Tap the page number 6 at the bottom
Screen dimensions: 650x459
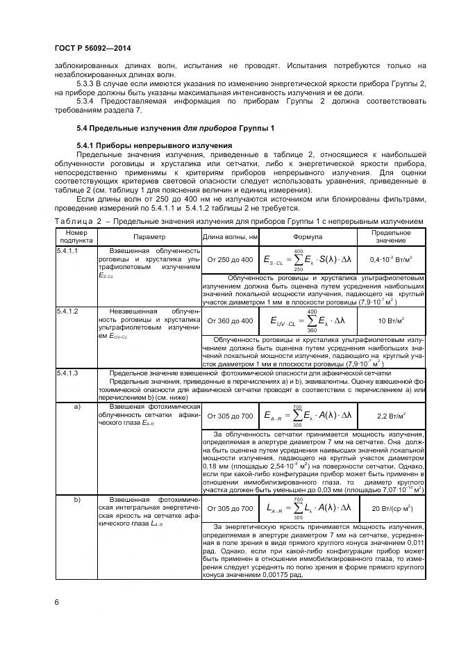57,602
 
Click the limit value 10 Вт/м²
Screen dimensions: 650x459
391,320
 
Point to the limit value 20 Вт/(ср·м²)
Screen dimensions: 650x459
391,508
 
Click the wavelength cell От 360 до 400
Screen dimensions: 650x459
230,320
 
